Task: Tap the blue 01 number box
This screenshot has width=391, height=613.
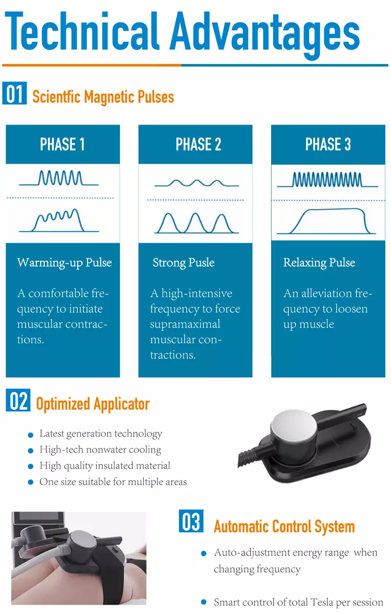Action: [15, 95]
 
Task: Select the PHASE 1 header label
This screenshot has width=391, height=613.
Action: [63, 144]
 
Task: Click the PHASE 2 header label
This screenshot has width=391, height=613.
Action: [198, 144]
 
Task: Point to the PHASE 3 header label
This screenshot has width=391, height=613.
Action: [328, 144]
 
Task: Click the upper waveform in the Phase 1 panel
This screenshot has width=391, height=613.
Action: [59, 179]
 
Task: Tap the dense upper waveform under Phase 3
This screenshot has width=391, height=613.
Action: [327, 180]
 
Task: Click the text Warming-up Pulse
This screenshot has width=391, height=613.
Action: [64, 262]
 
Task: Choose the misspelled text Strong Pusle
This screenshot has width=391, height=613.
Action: [184, 262]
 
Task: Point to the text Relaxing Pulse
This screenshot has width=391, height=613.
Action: [319, 262]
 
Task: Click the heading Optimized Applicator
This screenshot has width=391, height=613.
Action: [93, 404]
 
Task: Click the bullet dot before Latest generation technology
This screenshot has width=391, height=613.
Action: [31, 435]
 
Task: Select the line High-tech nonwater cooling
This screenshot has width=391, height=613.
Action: [100, 450]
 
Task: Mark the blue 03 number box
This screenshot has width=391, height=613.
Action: [191, 522]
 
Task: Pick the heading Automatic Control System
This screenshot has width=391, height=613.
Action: [284, 526]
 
